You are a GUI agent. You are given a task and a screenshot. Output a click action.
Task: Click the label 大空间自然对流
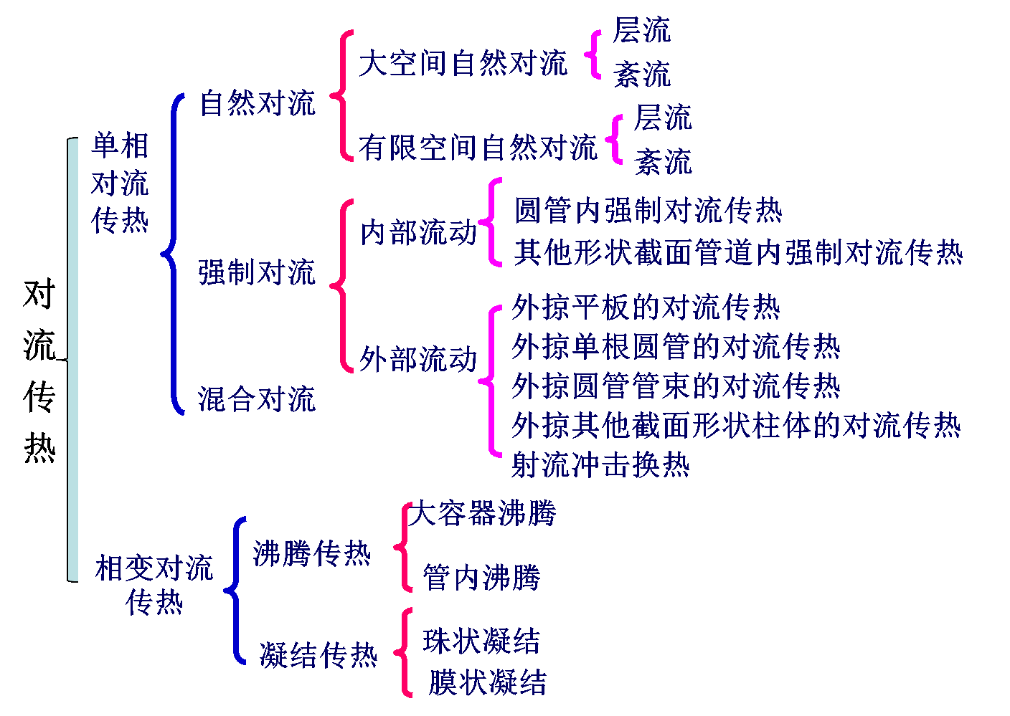pyautogui.click(x=463, y=63)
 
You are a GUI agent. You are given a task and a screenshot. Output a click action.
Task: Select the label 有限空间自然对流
pyautogui.click(x=478, y=148)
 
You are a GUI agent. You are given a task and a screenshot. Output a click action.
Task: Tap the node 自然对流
pyautogui.click(x=258, y=103)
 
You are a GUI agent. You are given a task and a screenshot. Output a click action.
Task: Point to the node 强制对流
pyautogui.click(x=257, y=272)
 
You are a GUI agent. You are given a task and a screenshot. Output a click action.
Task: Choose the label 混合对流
pyautogui.click(x=257, y=399)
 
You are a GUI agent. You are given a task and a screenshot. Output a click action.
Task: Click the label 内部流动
pyautogui.click(x=419, y=232)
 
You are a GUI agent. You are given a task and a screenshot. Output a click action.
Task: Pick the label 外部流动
pyautogui.click(x=419, y=359)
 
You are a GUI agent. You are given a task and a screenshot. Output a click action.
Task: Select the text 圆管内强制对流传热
pyautogui.click(x=648, y=211)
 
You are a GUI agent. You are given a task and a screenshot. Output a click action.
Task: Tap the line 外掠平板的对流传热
pyautogui.click(x=646, y=307)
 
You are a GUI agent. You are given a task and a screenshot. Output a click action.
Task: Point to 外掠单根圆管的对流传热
pyautogui.click(x=676, y=347)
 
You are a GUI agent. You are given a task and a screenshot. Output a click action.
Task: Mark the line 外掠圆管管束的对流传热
pyautogui.click(x=676, y=386)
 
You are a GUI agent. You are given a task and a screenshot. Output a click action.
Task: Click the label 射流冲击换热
pyautogui.click(x=600, y=465)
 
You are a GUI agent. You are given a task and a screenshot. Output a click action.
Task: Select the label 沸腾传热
pyautogui.click(x=312, y=553)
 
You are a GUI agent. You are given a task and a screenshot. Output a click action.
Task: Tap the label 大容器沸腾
pyautogui.click(x=483, y=513)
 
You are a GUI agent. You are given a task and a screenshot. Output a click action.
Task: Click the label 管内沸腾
pyautogui.click(x=481, y=577)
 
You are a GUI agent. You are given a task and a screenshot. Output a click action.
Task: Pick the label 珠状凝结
pyautogui.click(x=481, y=641)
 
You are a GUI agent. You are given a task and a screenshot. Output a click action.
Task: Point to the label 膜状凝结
pyautogui.click(x=488, y=682)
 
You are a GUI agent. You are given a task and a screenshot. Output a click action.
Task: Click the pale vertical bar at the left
pyautogui.click(x=73, y=358)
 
